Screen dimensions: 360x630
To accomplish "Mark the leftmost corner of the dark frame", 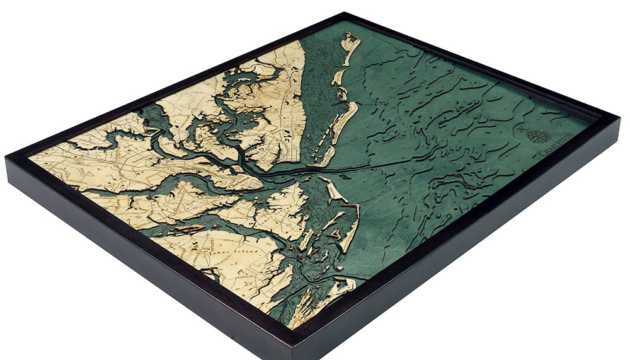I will pos(6,158).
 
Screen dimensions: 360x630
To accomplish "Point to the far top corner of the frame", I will pos(345,13).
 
